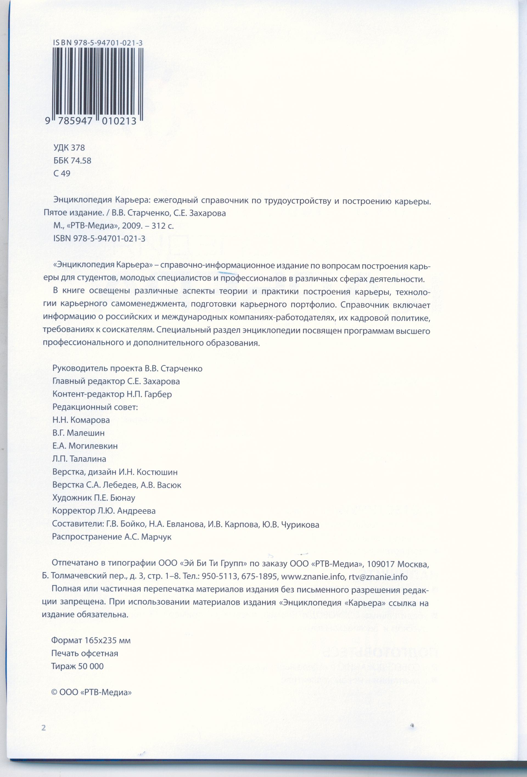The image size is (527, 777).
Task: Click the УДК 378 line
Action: (69, 148)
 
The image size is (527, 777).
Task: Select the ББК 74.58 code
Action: (72, 161)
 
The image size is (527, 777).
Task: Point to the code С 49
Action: (62, 173)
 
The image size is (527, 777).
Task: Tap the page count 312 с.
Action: (162, 226)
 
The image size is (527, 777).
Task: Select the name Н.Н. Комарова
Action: (81, 420)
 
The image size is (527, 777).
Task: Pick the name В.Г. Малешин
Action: (79, 433)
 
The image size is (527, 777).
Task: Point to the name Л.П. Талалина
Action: (79, 459)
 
